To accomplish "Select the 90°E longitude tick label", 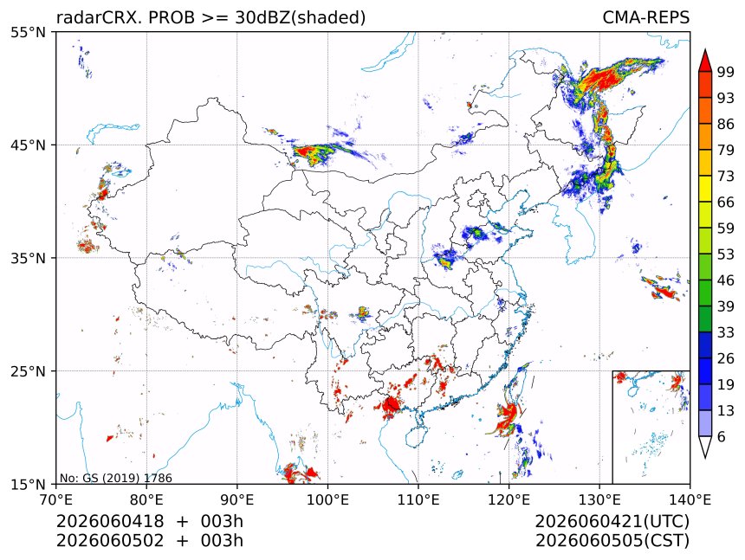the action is pos(236,499).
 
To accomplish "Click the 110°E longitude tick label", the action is pos(418,499).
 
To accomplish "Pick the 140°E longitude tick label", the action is pos(690,499).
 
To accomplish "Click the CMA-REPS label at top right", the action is pos(645,17).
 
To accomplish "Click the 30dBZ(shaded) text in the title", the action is pos(301,18).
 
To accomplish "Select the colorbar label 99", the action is pos(726,73).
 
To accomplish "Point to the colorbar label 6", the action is pos(722,436).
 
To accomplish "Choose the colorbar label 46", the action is pos(726,280).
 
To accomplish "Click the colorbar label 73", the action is pos(726,177).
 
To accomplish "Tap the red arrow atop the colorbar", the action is pos(705,61).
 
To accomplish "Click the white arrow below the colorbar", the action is pos(705,447).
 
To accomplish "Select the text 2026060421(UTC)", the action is pos(612,522).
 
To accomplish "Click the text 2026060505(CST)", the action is pos(612,541).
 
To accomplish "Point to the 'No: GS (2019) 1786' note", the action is pos(115,478).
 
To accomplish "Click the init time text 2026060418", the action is pos(110,521).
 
